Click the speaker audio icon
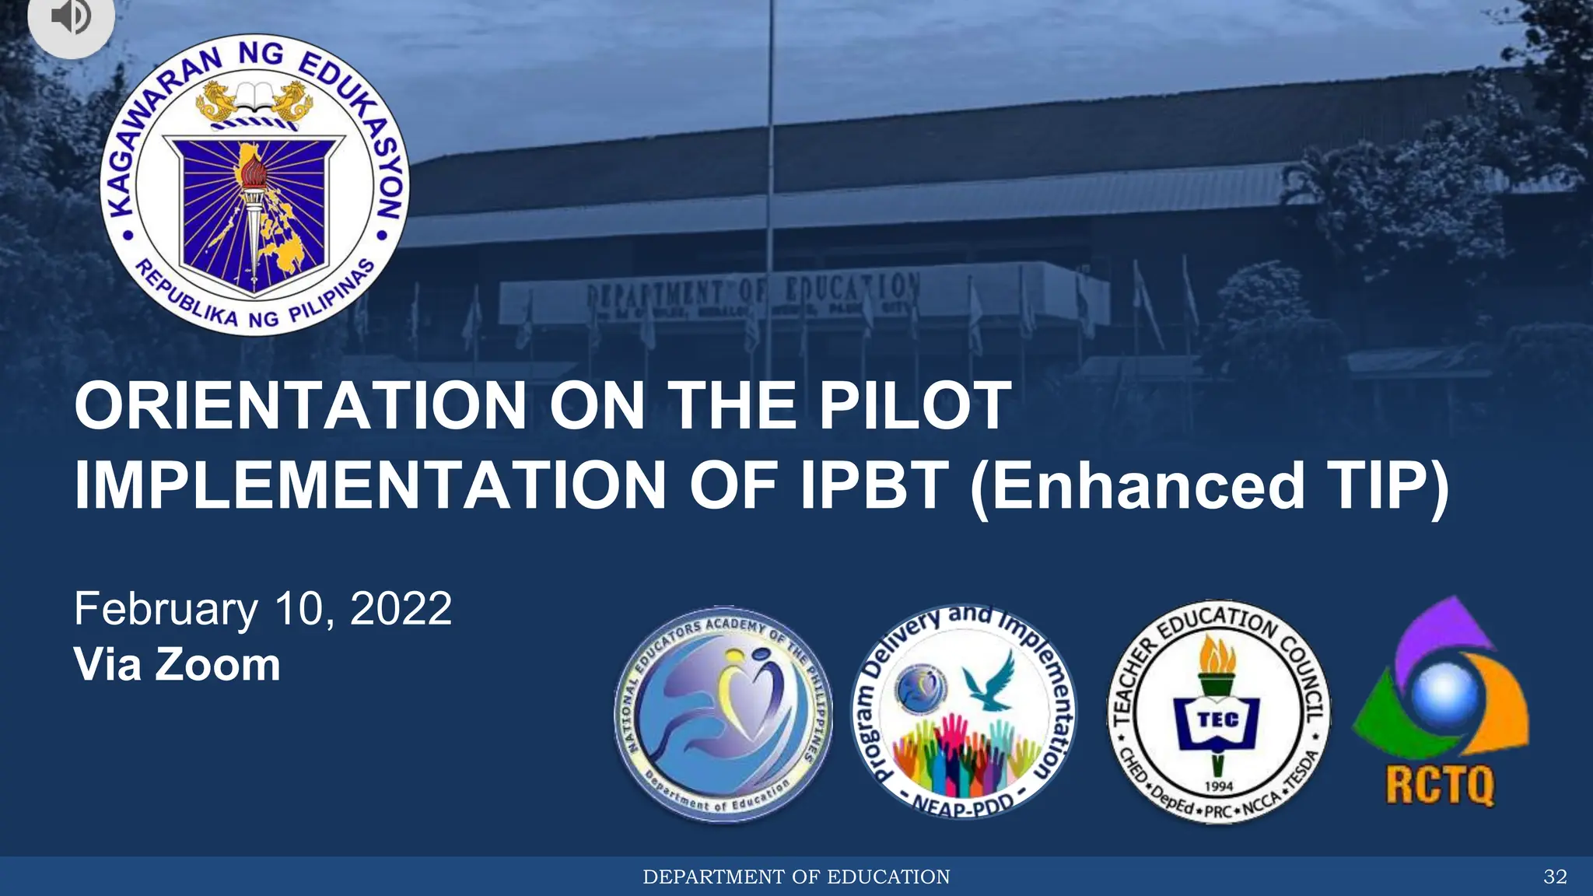[71, 17]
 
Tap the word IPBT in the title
[875, 485]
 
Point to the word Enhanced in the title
[1148, 485]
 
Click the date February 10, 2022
[263, 608]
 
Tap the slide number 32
[1555, 877]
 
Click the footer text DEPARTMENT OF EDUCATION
[796, 877]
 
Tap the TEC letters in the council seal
[1218, 719]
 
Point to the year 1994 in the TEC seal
[1219, 786]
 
